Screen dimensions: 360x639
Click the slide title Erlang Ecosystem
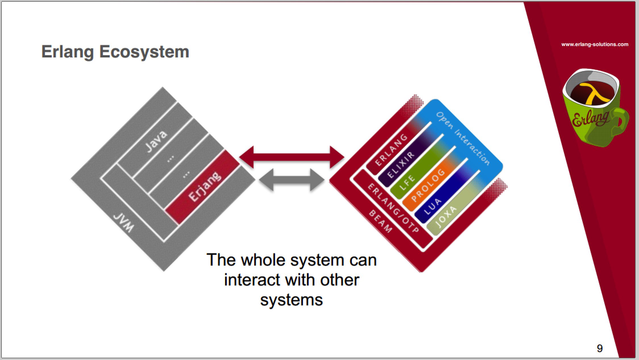(115, 52)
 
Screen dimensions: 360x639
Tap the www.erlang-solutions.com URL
(595, 44)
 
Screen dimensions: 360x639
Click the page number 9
(599, 348)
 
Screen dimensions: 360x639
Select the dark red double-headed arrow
(292, 157)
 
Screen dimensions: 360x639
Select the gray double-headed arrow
(292, 180)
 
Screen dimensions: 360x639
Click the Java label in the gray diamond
(156, 141)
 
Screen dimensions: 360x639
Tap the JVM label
(123, 223)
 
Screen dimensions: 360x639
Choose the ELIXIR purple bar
(401, 165)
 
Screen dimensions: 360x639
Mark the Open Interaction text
(463, 138)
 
